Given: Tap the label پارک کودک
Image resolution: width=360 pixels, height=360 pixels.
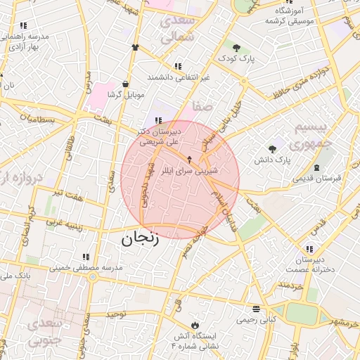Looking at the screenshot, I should point(234,59).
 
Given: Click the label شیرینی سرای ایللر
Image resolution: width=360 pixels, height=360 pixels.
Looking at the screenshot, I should point(191,170).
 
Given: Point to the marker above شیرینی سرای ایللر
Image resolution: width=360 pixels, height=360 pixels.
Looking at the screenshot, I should point(189,159).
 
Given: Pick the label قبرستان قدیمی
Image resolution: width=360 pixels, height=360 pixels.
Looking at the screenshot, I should point(318,178).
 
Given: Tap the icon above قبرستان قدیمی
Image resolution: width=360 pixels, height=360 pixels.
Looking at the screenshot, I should point(316,167).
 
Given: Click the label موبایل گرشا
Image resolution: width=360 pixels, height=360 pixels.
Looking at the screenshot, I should point(125,94).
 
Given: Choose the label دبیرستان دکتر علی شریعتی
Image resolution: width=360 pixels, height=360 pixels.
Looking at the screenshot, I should point(160,136).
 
